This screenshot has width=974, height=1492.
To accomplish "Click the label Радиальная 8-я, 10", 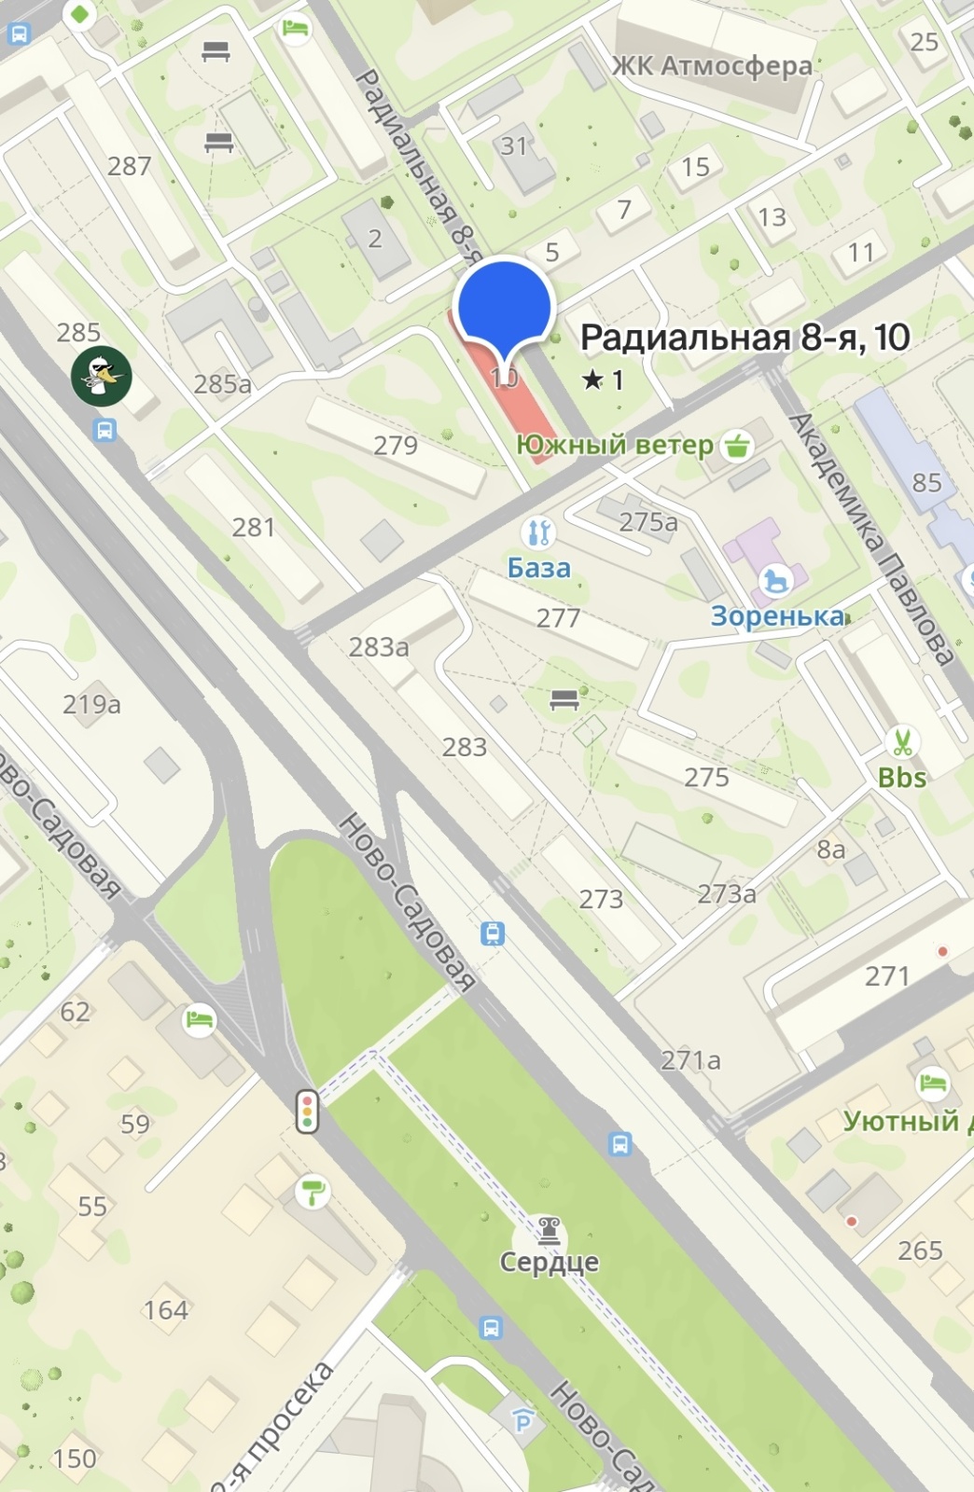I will (x=744, y=338).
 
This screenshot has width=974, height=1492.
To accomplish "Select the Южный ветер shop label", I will (x=615, y=445).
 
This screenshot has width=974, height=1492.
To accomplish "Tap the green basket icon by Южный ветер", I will (x=737, y=445).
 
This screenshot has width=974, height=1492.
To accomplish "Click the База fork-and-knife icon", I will (x=538, y=532).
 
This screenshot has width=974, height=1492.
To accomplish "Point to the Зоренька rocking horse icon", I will (x=775, y=581).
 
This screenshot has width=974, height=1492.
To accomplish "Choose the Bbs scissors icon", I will (x=901, y=742).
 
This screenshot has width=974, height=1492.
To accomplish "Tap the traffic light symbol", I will (x=307, y=1111).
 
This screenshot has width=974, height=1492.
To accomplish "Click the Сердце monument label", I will (x=549, y=1262).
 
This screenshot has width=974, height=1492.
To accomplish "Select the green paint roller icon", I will (x=313, y=1191).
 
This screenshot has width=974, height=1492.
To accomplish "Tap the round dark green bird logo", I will (x=102, y=376).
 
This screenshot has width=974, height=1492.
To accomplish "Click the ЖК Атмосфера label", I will (x=712, y=66).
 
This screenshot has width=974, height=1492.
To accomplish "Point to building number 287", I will (x=129, y=166).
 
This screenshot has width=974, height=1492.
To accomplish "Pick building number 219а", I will (x=91, y=704).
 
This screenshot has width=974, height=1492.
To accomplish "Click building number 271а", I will (x=690, y=1060).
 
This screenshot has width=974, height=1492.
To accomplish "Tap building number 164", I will (x=166, y=1310).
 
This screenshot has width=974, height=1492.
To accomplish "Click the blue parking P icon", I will (x=522, y=1420).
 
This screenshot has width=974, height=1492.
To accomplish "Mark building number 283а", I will (x=379, y=647).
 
